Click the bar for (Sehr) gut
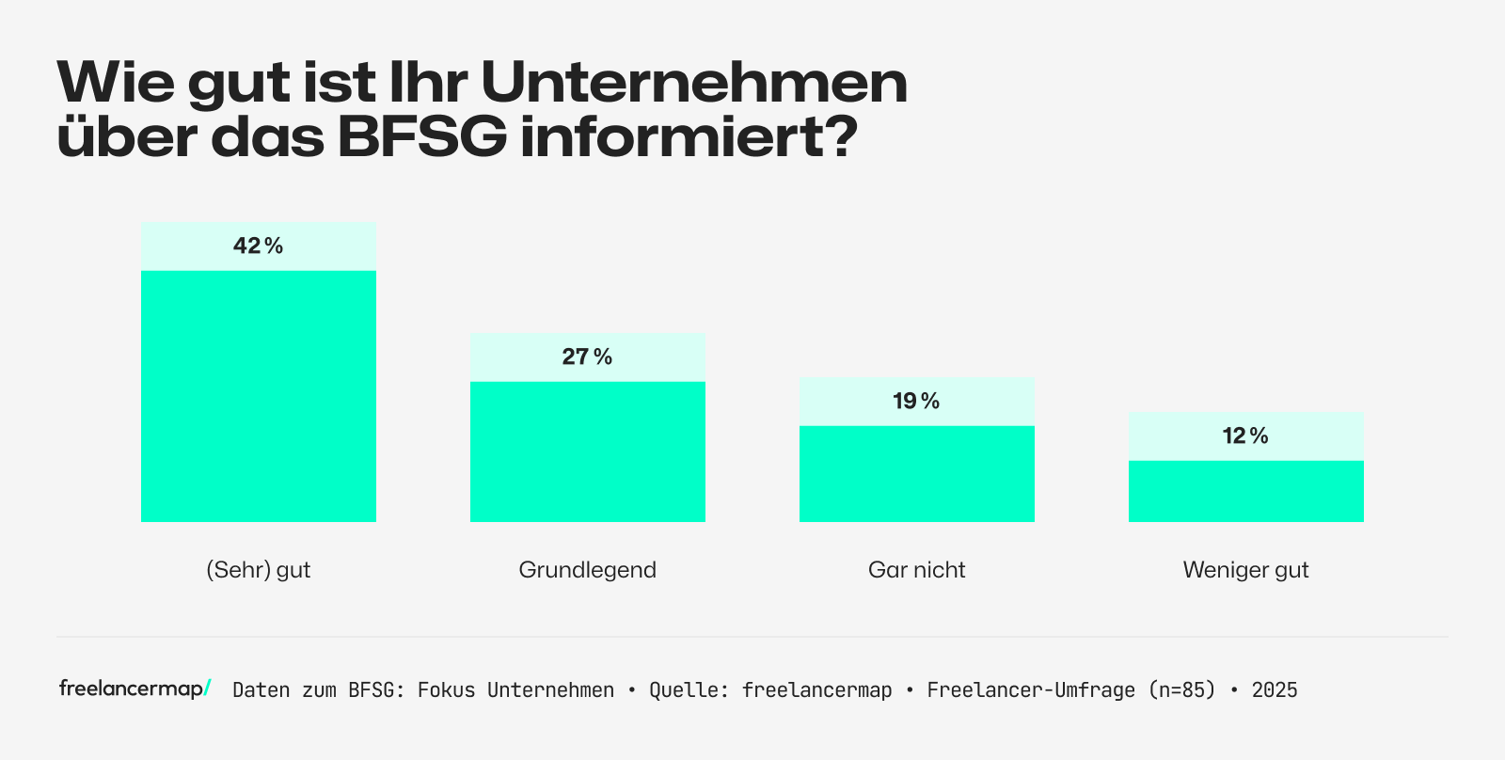pyautogui.click(x=259, y=395)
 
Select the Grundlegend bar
pyautogui.click(x=588, y=451)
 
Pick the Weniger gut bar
pyautogui.click(x=1246, y=491)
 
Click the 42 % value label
pyautogui.click(x=259, y=246)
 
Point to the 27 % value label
pyautogui.click(x=588, y=357)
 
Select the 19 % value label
pyautogui.click(x=917, y=402)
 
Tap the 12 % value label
pyautogui.click(x=1246, y=436)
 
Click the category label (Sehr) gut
pyautogui.click(x=259, y=570)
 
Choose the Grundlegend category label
pyautogui.click(x=588, y=570)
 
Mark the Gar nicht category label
pyautogui.click(x=917, y=570)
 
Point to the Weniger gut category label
pyautogui.click(x=1246, y=570)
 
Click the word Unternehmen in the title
pyautogui.click(x=694, y=83)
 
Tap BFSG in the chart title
pyautogui.click(x=421, y=137)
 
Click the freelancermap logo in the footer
pyautogui.click(x=135, y=689)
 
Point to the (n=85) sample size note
pyautogui.click(x=1181, y=690)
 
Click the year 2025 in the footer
pyautogui.click(x=1275, y=690)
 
